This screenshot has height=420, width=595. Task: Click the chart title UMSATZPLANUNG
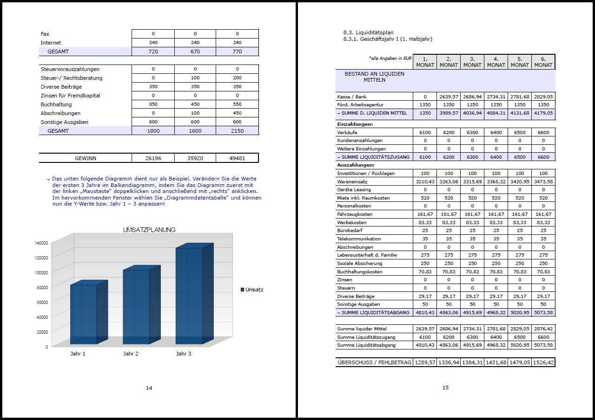tap(149, 230)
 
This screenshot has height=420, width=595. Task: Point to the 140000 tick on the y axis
tap(41, 243)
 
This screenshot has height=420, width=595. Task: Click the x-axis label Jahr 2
tap(131, 354)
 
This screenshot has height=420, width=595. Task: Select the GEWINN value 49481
tap(237, 158)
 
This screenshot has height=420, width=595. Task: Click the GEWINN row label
tap(86, 158)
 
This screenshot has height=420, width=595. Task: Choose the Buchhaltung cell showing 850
tap(153, 104)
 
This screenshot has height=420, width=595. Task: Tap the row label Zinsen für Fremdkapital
tap(70, 96)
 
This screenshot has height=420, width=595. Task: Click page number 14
tap(149, 388)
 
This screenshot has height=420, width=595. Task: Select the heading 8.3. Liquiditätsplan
tap(368, 32)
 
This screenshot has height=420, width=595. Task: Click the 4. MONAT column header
tap(496, 62)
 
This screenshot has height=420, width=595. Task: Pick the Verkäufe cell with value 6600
tap(543, 132)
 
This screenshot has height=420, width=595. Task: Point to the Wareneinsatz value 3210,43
tap(425, 181)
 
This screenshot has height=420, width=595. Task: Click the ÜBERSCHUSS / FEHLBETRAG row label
tap(374, 362)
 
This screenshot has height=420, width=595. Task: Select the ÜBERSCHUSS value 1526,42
tap(543, 362)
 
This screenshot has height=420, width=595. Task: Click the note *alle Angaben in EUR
tap(390, 58)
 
